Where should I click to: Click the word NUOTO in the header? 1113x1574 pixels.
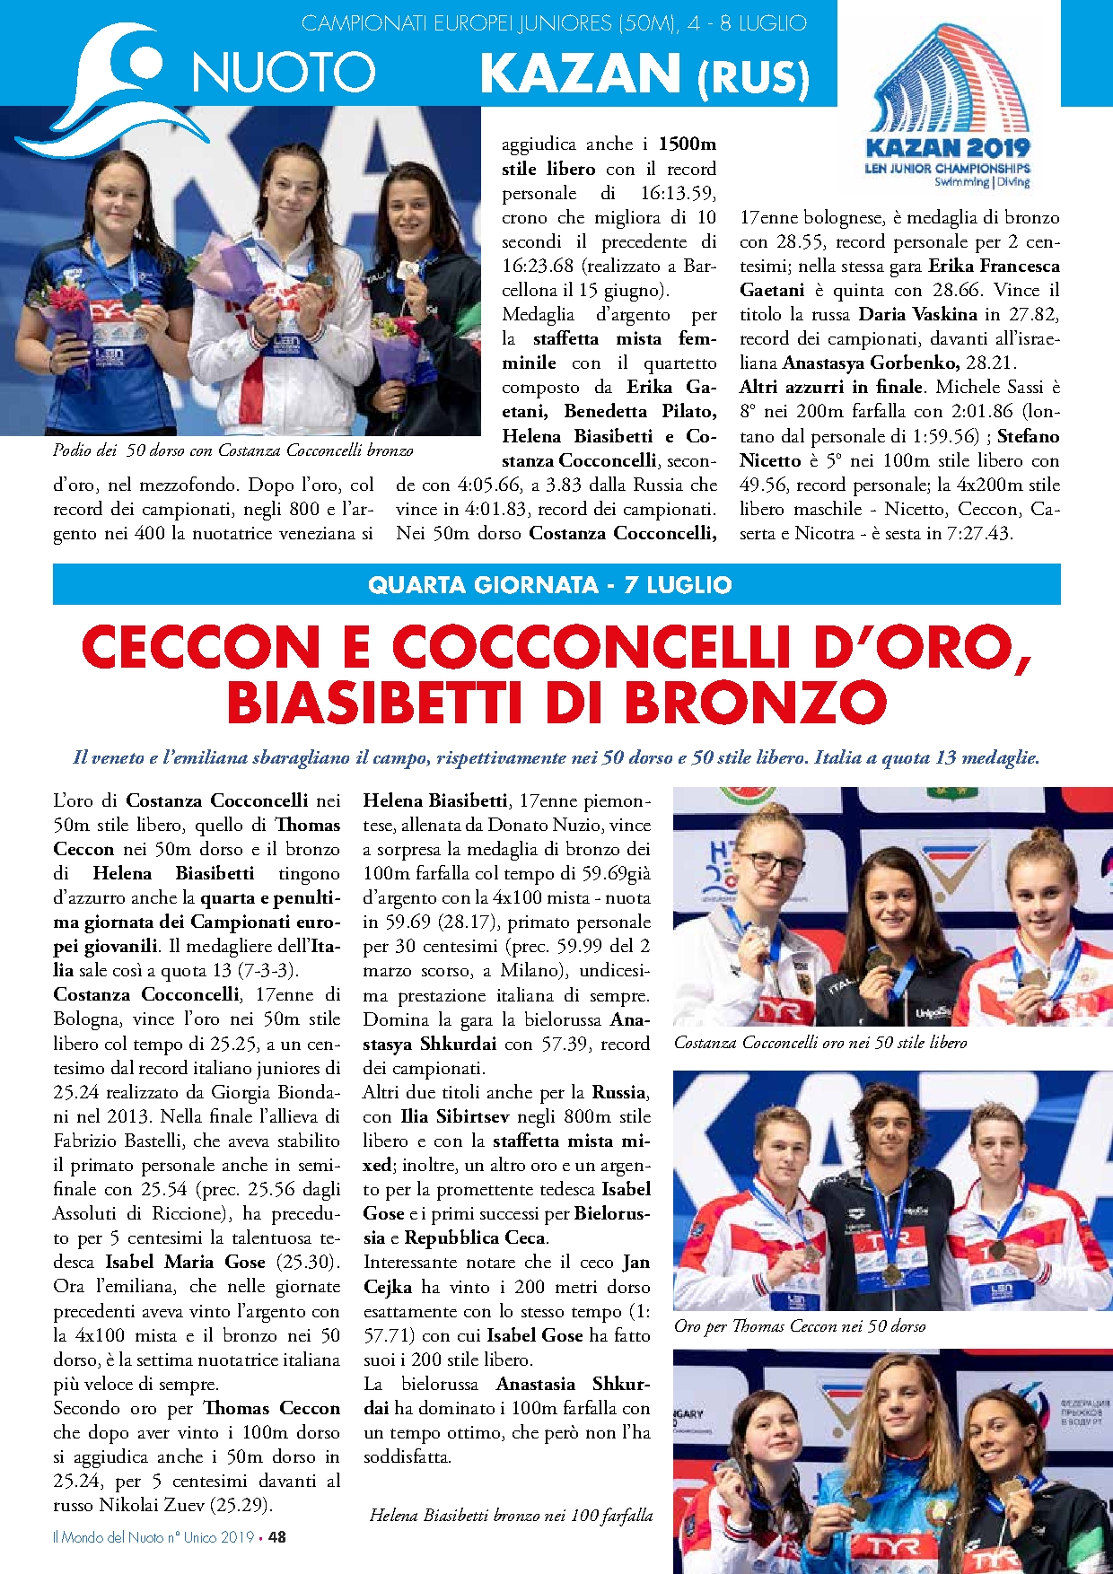[x=284, y=72]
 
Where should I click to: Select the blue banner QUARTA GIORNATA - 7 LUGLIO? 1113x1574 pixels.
[x=556, y=585]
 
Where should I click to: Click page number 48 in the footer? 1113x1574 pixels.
[x=277, y=1536]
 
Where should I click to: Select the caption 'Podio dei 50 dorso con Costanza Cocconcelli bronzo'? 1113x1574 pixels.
[x=232, y=450]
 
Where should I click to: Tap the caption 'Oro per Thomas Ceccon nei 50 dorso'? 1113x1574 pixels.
[x=800, y=1325]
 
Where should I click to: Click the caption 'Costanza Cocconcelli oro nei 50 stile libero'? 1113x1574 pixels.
[x=820, y=1042]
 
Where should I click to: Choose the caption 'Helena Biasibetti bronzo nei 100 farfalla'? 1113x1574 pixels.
[x=511, y=1515]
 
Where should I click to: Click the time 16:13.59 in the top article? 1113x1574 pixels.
[x=678, y=193]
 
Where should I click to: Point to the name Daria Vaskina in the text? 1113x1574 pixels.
[x=918, y=314]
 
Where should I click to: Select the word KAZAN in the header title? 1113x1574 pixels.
[x=580, y=74]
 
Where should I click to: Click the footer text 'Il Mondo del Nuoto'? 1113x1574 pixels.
[x=108, y=1536]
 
